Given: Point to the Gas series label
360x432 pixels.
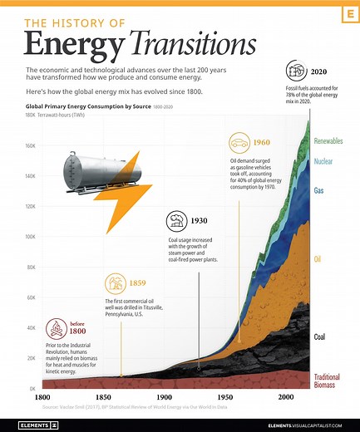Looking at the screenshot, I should click(x=318, y=190).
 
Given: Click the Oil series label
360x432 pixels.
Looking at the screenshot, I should click(x=318, y=259).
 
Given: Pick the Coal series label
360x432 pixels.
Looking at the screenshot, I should click(x=319, y=336).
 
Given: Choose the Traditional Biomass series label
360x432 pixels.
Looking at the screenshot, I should click(x=328, y=381).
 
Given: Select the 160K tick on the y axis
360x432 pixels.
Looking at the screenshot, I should click(x=28, y=145).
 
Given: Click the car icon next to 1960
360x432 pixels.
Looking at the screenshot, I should click(x=239, y=141).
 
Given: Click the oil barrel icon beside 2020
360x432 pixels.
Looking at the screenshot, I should click(x=295, y=71).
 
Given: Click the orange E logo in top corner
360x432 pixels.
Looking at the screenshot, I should click(x=343, y=17).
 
